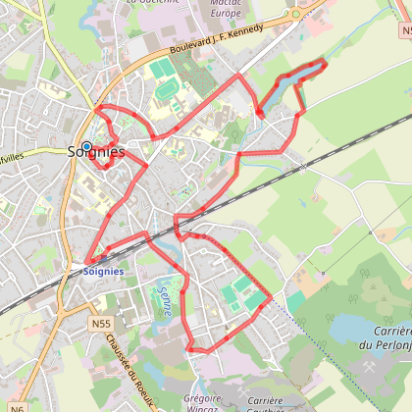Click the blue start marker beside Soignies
pyautogui.click(x=86, y=146)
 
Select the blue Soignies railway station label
pyautogui.click(x=103, y=270)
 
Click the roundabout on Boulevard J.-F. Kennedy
pyautogui.click(x=294, y=16)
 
